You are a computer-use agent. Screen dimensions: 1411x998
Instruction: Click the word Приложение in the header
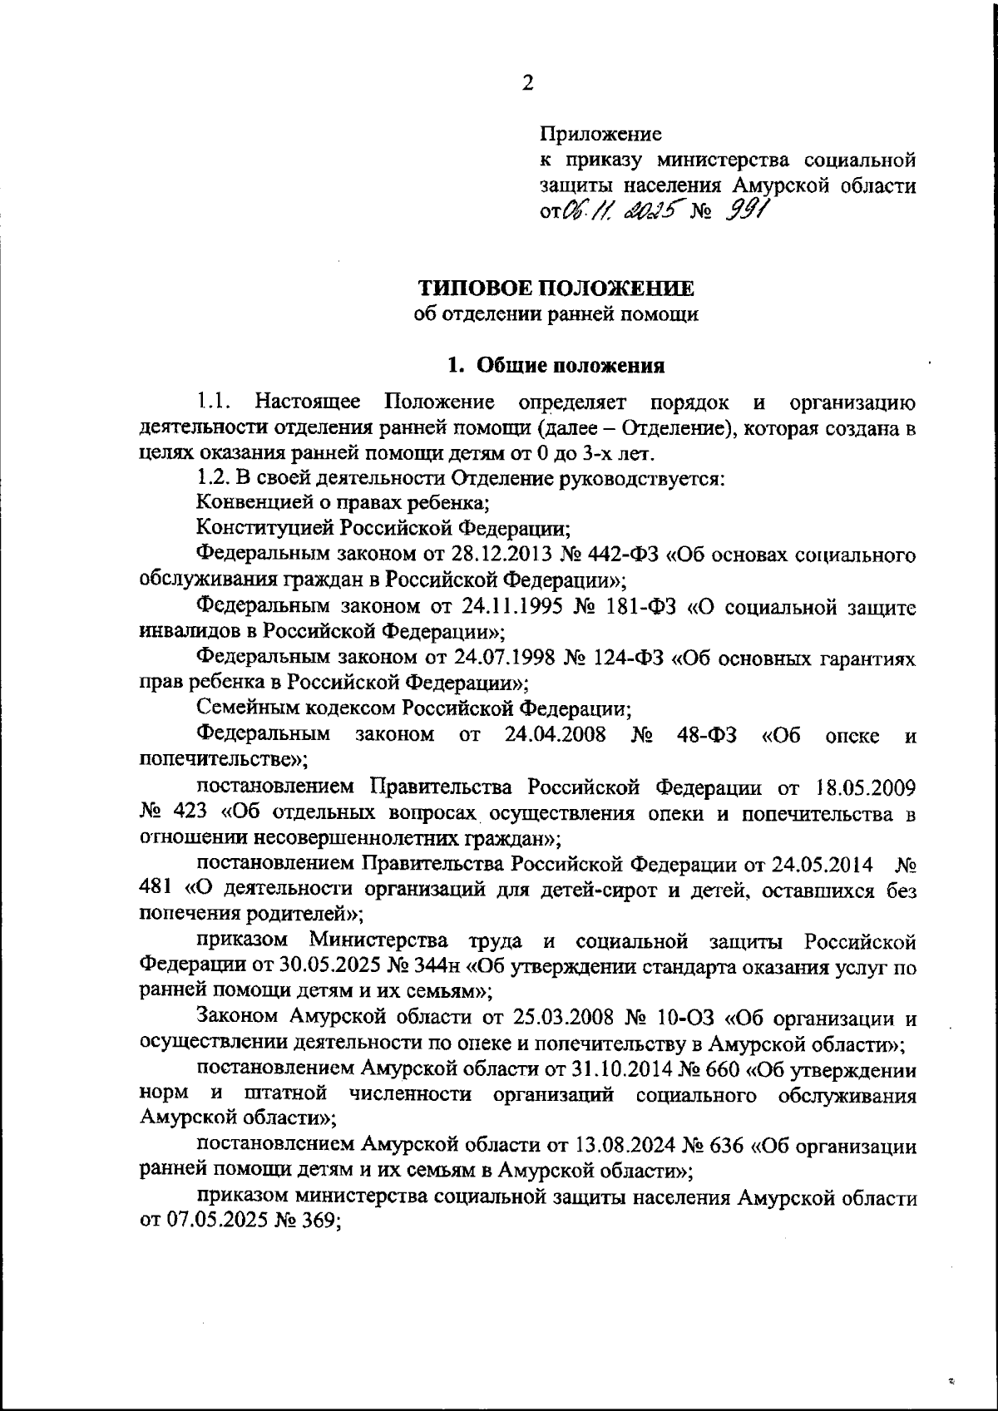point(600,133)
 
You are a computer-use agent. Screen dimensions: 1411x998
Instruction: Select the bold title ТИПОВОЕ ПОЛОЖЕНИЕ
point(556,289)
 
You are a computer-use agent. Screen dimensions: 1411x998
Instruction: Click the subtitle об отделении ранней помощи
point(556,314)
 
